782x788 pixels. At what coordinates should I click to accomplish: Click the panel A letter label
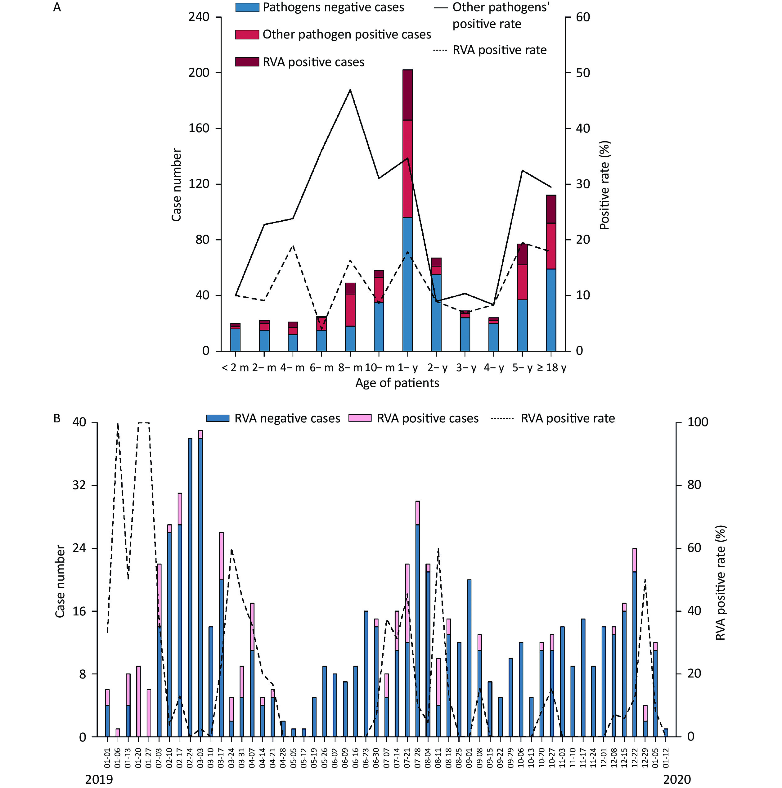[57, 7]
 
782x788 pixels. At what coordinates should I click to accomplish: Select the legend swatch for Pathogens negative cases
[247, 7]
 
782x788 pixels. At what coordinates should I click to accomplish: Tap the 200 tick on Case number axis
[199, 73]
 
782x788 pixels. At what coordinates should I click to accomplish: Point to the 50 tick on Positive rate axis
[583, 73]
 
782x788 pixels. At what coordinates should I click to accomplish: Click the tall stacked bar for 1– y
[407, 210]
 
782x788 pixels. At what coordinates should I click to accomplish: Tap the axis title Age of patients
[397, 383]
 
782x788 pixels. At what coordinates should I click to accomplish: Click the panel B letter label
[57, 418]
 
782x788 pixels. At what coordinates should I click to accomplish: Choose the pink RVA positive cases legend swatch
[360, 418]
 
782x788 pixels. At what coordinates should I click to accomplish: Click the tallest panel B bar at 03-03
[200, 583]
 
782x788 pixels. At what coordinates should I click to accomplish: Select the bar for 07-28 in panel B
[417, 619]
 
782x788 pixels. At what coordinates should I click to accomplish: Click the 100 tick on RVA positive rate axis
[698, 422]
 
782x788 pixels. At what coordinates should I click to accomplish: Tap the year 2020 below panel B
[677, 779]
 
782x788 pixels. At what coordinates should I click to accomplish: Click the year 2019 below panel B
[99, 779]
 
